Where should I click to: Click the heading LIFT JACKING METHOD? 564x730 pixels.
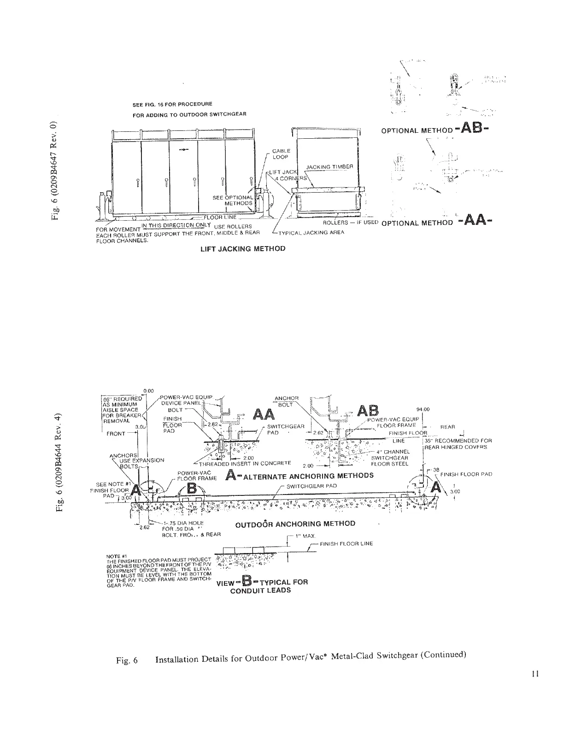[242, 249]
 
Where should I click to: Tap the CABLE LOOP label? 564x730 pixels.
[281, 154]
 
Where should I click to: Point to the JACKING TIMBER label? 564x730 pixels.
[330, 167]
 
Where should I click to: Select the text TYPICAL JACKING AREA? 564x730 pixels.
[312, 232]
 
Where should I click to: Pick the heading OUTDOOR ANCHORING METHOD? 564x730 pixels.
[295, 524]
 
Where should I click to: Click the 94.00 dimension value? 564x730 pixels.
[423, 409]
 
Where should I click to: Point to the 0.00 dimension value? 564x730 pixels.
[148, 391]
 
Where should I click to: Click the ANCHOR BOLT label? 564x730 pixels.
[287, 401]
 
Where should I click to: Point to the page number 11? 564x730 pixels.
[534, 674]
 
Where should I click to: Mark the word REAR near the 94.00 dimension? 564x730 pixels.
[447, 427]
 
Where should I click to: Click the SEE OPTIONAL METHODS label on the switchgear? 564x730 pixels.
[233, 200]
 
